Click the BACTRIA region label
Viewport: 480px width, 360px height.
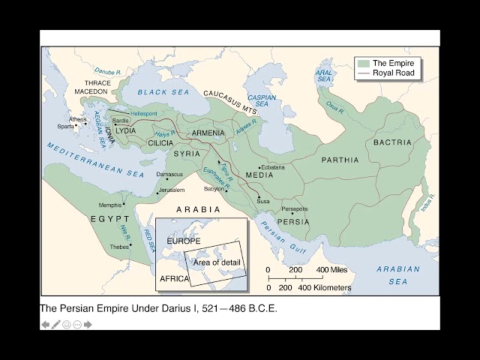tap(393, 142)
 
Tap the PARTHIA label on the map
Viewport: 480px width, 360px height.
tap(340, 160)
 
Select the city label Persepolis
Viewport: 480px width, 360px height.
tap(295, 208)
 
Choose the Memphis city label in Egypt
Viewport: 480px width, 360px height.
tap(111, 205)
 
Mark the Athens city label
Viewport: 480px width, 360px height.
tap(78, 119)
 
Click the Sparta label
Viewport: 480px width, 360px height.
tap(66, 127)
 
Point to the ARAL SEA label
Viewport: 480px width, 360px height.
tap(324, 73)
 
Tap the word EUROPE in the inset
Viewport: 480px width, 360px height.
tap(184, 241)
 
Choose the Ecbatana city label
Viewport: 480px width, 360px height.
tap(272, 167)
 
